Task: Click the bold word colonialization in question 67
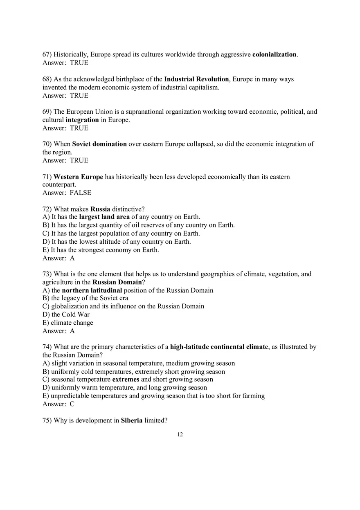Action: pyautogui.click(x=274, y=54)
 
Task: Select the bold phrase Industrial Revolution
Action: pyautogui.click(x=196, y=79)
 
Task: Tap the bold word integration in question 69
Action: pyautogui.click(x=82, y=120)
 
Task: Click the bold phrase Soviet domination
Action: pyautogui.click(x=99, y=144)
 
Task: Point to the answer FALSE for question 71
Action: pyautogui.click(x=80, y=193)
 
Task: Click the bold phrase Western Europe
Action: pyautogui.click(x=78, y=177)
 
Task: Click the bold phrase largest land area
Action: pyautogui.click(x=104, y=217)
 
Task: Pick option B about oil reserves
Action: pyautogui.click(x=139, y=225)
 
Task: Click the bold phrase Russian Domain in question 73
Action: pyautogui.click(x=117, y=282)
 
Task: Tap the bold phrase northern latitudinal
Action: pyautogui.click(x=92, y=290)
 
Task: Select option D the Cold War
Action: pyautogui.click(x=66, y=315)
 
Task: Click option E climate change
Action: pyautogui.click(x=67, y=323)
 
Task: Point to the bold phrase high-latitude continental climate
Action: pyautogui.click(x=219, y=347)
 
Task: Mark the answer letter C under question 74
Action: pyautogui.click(x=72, y=404)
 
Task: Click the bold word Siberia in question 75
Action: pyautogui.click(x=132, y=420)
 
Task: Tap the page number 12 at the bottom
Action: pyautogui.click(x=180, y=434)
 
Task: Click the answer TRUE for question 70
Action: pyautogui.click(x=79, y=160)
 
